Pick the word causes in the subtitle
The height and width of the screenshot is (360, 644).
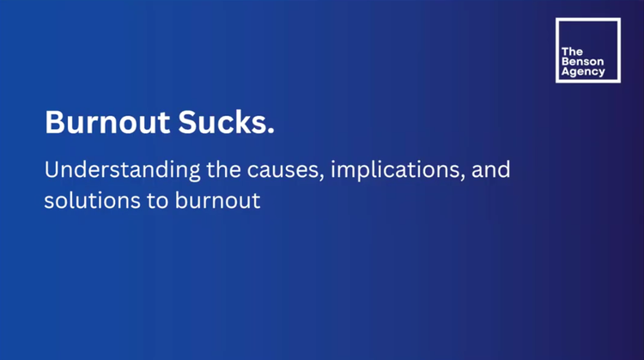click(x=271, y=170)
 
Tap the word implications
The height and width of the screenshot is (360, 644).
click(x=393, y=170)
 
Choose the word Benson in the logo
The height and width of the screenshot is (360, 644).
click(x=580, y=63)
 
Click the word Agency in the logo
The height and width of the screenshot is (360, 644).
click(x=583, y=73)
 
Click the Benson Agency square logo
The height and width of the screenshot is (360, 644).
click(x=587, y=51)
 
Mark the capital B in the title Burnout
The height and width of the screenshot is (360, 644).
click(x=54, y=123)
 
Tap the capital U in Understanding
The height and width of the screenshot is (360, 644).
click(x=52, y=169)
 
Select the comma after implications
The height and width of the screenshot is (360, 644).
click(x=466, y=177)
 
